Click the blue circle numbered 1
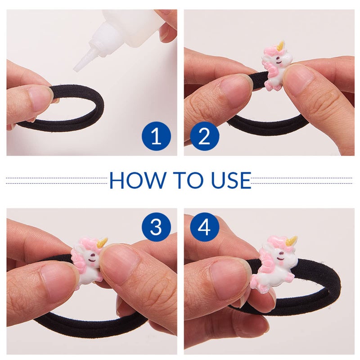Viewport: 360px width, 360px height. click(156, 136)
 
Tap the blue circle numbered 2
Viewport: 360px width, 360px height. click(205, 136)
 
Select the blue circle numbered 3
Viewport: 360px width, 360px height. click(156, 227)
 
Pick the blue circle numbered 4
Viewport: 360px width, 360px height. click(205, 227)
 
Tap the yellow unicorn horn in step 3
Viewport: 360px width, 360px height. click(103, 243)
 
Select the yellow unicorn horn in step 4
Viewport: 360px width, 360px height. click(291, 241)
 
